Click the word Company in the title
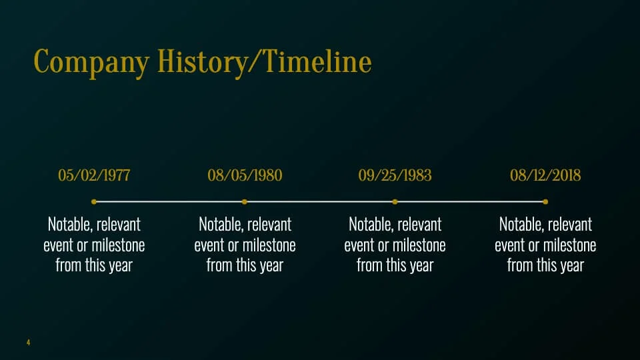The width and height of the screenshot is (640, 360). click(x=91, y=63)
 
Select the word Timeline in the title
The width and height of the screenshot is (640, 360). click(x=317, y=61)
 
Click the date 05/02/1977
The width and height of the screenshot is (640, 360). click(x=94, y=175)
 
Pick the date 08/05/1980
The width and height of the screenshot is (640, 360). click(x=245, y=175)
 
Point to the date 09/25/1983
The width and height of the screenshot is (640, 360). click(x=395, y=175)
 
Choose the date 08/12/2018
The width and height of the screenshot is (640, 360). click(x=545, y=175)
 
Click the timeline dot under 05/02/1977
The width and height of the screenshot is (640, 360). click(x=94, y=201)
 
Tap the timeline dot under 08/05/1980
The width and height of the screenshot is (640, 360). click(x=245, y=201)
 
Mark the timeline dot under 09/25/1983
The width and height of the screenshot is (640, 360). click(x=395, y=201)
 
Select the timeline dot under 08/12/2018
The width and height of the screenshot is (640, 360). click(x=545, y=201)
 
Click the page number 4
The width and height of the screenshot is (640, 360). click(x=28, y=342)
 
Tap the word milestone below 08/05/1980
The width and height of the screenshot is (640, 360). click(x=269, y=245)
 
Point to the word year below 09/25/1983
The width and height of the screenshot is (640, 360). click(x=421, y=266)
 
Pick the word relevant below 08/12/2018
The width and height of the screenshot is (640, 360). click(x=570, y=225)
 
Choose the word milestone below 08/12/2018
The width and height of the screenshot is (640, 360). click(x=570, y=245)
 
